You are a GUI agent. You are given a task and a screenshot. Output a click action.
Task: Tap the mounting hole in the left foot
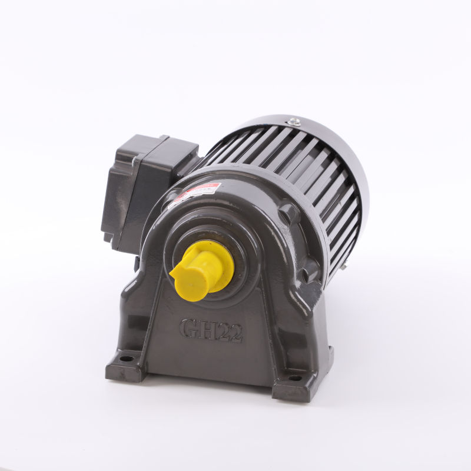(x=126, y=357)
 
